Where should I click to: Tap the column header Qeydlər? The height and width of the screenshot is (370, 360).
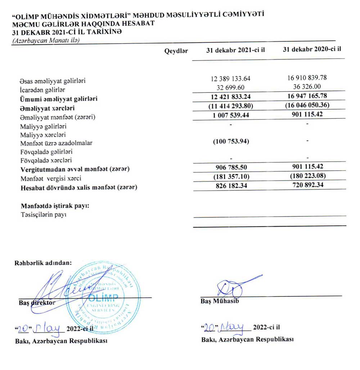coord(176,51)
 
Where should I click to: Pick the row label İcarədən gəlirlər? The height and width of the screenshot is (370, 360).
coord(43,89)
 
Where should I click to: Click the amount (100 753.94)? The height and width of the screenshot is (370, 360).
coord(231,141)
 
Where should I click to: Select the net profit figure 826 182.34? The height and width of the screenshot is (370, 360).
coord(231,187)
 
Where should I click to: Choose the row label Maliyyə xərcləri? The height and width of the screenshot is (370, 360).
coord(41,135)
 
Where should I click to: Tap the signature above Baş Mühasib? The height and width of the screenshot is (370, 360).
coord(234,286)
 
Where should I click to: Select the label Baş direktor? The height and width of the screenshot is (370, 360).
coord(37,302)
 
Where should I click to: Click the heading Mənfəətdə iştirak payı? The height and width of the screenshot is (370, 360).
coord(55,206)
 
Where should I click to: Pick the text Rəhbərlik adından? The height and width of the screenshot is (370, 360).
coord(43,262)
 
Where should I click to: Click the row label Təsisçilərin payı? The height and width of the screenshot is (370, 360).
coord(44,215)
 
